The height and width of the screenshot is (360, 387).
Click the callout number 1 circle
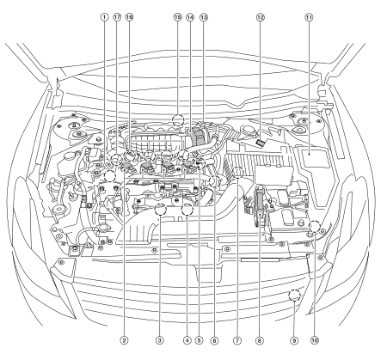coord(104,17)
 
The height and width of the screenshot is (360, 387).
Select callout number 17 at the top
coord(117,17)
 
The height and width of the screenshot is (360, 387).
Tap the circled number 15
coord(178,17)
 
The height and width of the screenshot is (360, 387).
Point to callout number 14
coord(190,17)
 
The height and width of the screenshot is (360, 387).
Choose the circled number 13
coord(203,17)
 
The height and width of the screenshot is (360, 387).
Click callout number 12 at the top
coord(260,17)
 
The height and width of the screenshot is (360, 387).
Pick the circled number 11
coord(309,17)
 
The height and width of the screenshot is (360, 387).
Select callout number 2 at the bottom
coord(124,340)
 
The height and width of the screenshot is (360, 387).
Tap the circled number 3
coord(160,340)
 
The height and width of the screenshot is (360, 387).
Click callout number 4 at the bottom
coord(187,340)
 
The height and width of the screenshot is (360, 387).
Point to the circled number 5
coord(199,340)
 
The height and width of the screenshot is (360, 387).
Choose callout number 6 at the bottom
coord(214,340)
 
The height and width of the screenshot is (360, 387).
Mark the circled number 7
coord(237,340)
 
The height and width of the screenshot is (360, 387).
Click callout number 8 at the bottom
coord(260,340)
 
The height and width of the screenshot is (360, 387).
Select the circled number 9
coord(294,340)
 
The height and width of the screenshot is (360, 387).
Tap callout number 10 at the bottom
coord(315,340)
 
